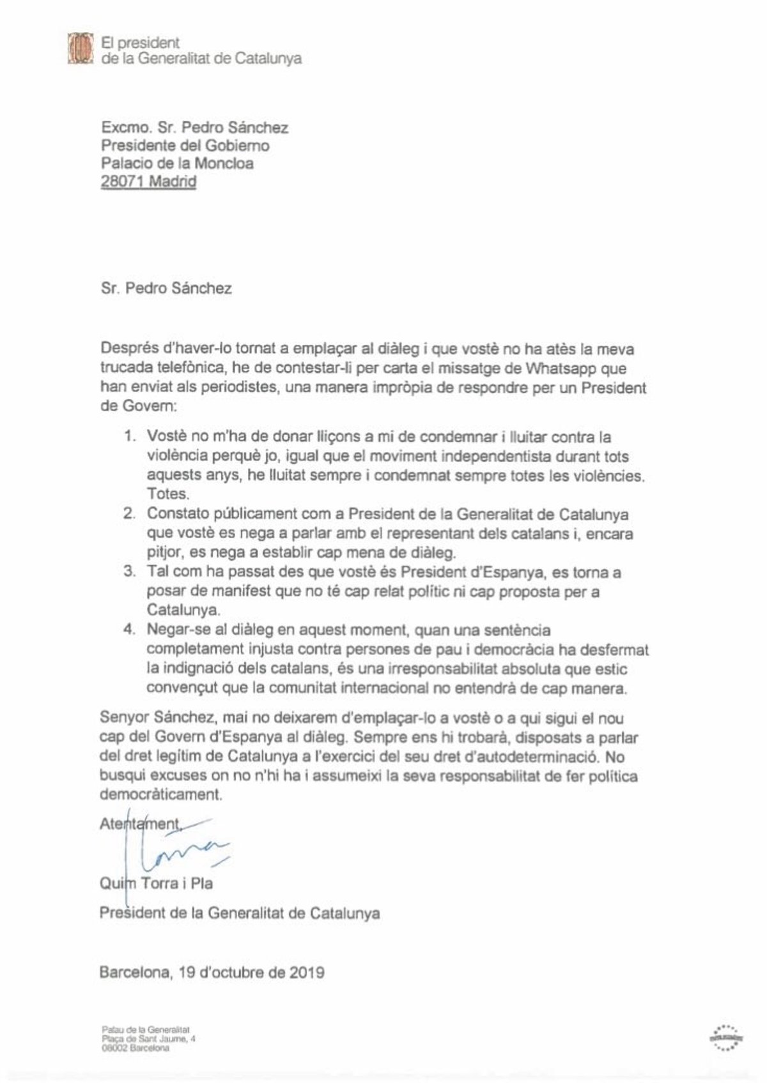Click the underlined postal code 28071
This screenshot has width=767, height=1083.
[125, 181]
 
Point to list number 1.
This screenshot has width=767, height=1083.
[130, 437]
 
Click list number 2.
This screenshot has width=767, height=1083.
[130, 514]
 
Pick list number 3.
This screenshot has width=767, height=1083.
[130, 572]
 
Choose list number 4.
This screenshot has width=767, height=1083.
[130, 630]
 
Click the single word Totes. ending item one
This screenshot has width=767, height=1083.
[165, 495]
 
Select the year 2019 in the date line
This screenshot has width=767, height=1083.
[304, 973]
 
